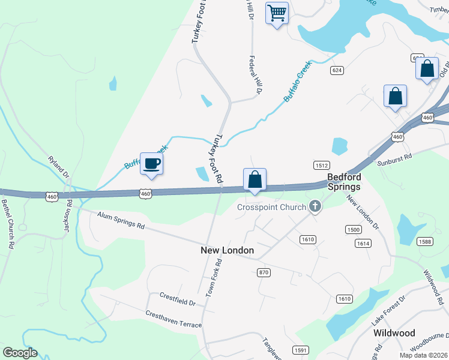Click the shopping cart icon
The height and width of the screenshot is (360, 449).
277,13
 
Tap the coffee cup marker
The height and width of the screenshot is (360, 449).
151,163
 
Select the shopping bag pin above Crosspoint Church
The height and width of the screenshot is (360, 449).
255,179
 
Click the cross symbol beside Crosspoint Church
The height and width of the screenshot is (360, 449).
315,207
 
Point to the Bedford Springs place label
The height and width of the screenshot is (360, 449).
345,182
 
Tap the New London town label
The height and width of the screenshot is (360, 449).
228,250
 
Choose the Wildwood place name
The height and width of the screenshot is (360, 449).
394,332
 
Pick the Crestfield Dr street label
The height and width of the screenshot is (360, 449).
178,299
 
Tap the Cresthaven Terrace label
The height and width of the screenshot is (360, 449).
173,319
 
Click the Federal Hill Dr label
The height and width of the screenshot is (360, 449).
256,76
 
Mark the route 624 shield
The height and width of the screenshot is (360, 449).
337,70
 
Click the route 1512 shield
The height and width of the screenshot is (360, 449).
321,164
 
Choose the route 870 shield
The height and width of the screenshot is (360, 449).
264,272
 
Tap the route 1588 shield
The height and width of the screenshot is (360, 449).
426,242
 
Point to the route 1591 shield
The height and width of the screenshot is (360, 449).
301,350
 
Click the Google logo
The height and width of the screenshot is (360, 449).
20,352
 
